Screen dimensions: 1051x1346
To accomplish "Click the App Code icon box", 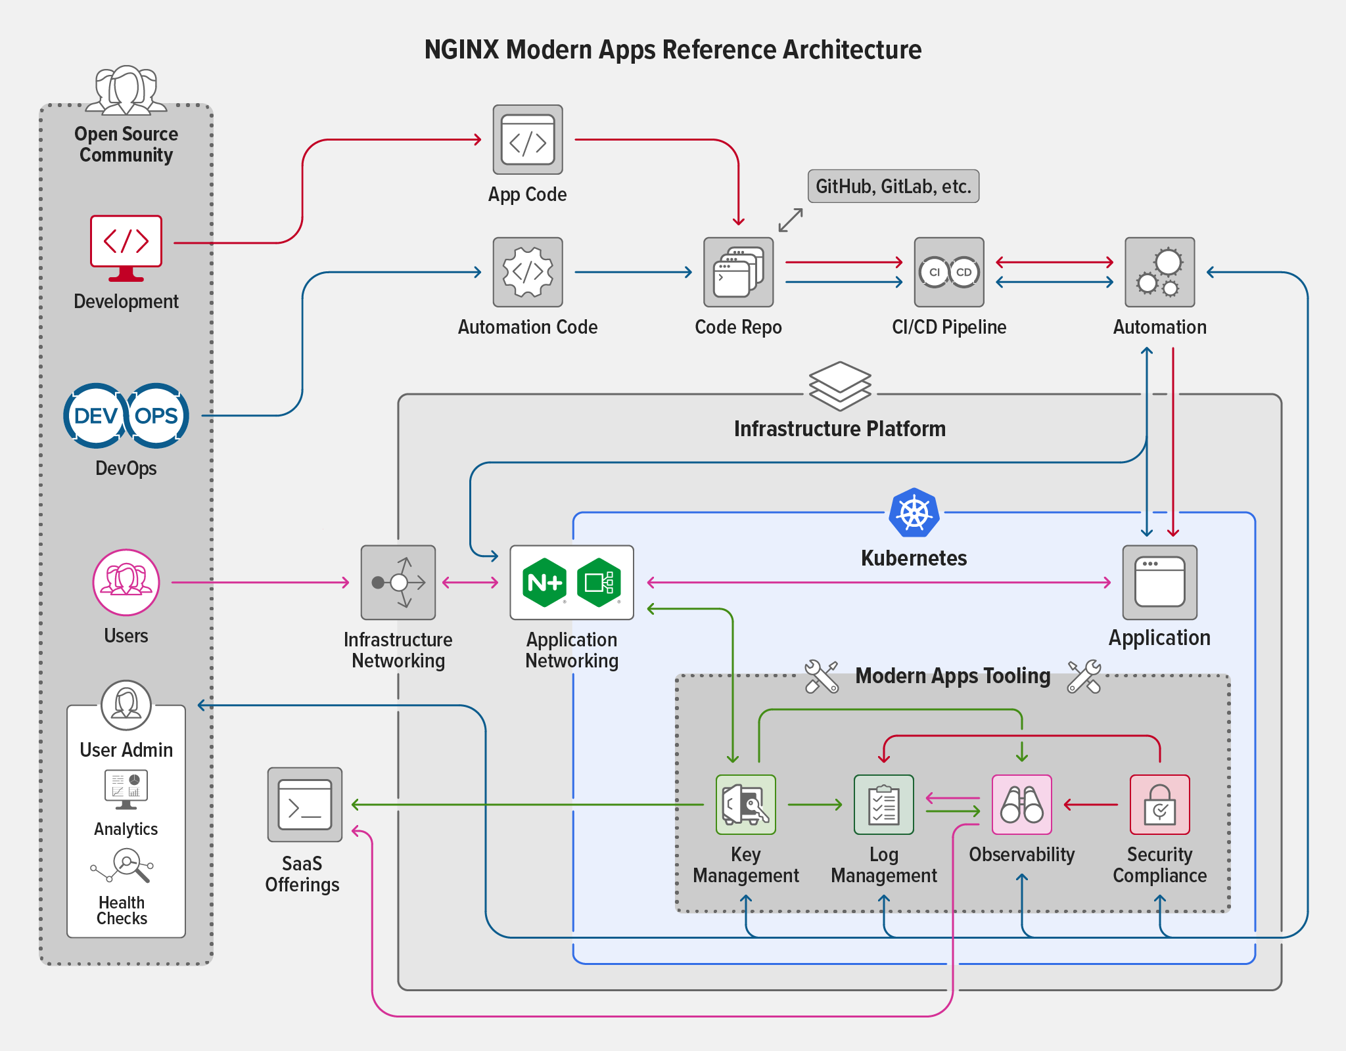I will coord(528,140).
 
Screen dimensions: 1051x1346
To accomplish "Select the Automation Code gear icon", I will coord(528,272).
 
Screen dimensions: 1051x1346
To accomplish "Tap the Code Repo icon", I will coord(738,272).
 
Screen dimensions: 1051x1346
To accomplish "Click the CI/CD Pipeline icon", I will coord(949,272).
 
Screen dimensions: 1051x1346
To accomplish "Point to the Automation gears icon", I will coord(1159,272).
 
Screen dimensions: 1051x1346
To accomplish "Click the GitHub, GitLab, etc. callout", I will coord(893,187).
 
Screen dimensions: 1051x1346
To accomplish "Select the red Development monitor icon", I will coord(126,247).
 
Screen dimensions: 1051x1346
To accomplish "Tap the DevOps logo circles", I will coord(126,416).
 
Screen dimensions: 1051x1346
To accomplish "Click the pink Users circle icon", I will coord(126,582).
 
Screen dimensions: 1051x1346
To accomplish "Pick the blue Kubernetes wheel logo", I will coord(914,512).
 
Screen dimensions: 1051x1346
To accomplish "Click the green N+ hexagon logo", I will coord(544,582).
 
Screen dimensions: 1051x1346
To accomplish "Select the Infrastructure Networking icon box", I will coord(398,582).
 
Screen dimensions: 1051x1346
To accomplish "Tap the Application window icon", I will coord(1159,582).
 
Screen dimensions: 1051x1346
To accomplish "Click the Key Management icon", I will coord(745,805).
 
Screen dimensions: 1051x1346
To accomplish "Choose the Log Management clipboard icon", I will coord(884,805).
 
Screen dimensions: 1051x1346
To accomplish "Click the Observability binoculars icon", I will coord(1022,805).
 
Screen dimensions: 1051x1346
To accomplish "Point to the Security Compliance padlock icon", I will coord(1159,805).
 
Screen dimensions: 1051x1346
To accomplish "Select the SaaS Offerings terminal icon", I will coord(305,805).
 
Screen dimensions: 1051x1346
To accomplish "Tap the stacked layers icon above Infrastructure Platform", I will coord(840,386).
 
